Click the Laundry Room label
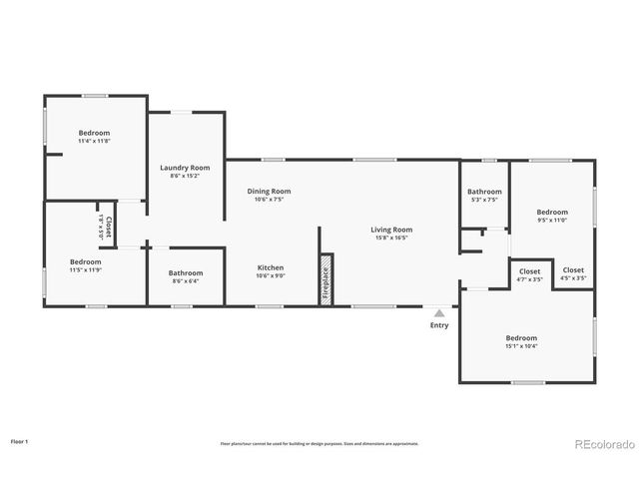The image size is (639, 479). click(185, 168)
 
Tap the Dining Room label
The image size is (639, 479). click(269, 191)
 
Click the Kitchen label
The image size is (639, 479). click(271, 267)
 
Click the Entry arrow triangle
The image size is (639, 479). click(438, 313)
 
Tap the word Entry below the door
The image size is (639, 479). click(439, 325)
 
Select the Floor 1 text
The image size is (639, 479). click(20, 440)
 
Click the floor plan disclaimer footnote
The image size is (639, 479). click(319, 443)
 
